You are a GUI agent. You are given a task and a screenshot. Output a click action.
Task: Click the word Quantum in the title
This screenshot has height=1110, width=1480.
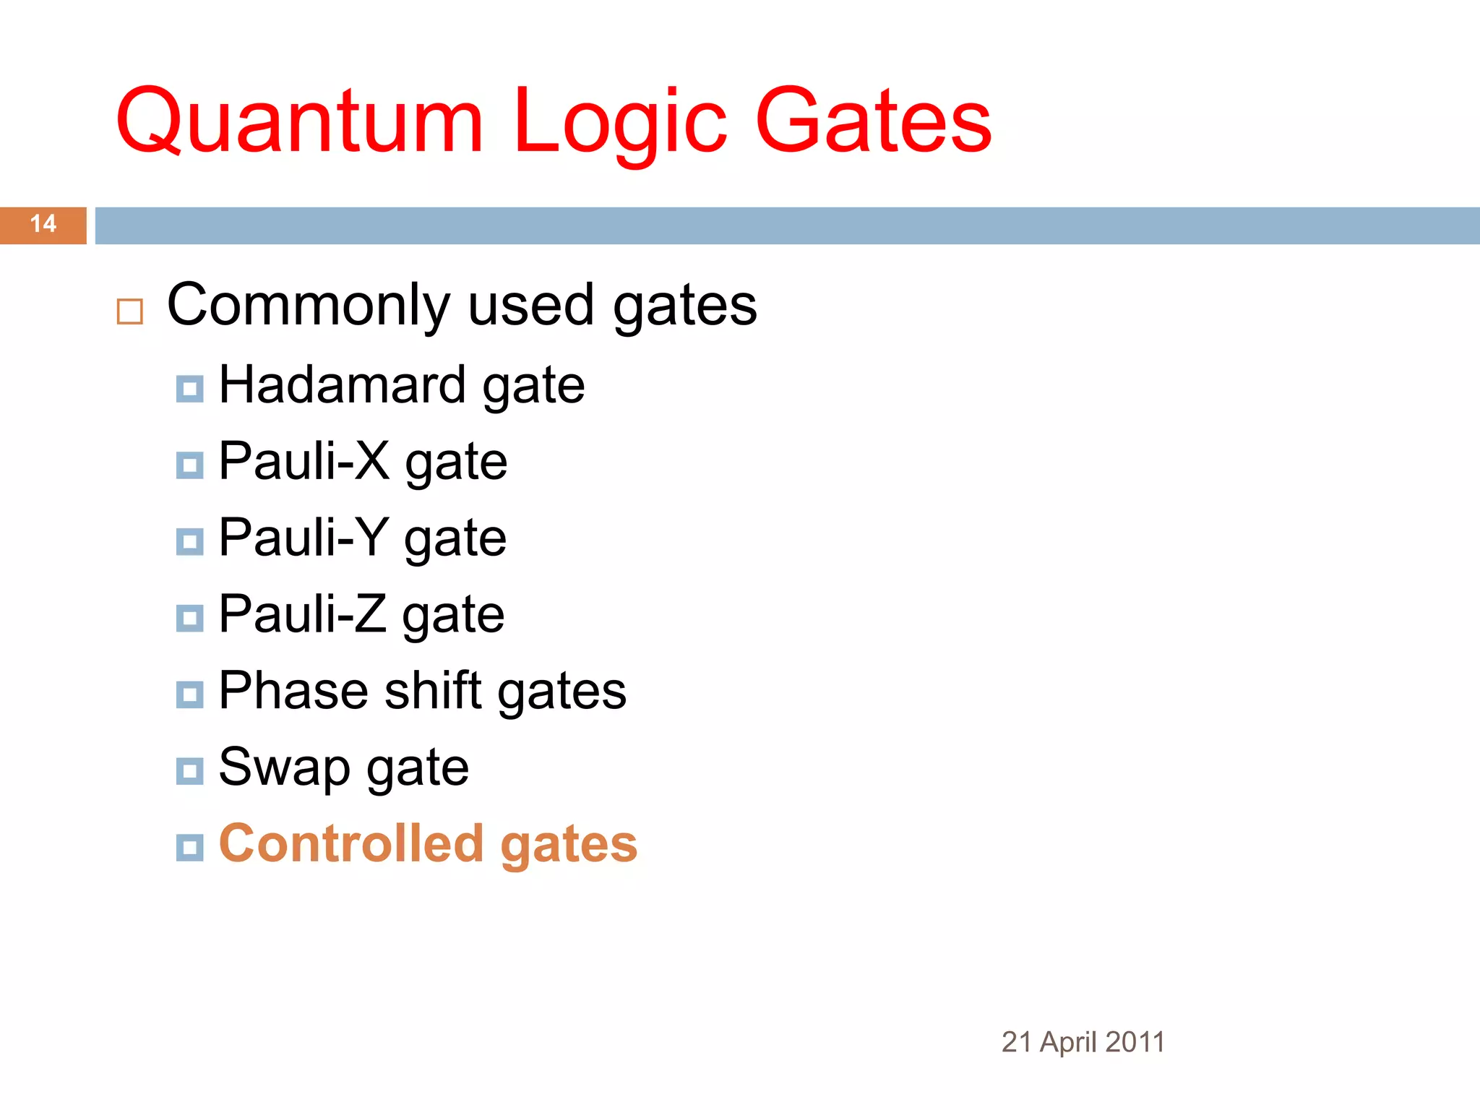(x=298, y=121)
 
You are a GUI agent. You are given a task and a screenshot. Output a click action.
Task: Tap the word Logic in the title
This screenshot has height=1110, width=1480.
(x=620, y=121)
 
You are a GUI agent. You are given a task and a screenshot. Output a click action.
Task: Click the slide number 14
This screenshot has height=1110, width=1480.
(x=43, y=224)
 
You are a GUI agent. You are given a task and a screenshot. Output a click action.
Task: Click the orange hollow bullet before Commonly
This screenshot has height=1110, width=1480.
(x=130, y=311)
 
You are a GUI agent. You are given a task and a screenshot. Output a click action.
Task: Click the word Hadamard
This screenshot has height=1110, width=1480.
(x=342, y=385)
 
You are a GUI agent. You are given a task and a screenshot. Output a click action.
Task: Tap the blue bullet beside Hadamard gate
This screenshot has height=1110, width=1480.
(x=190, y=389)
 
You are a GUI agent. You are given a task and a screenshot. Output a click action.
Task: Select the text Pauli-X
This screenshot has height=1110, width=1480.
(x=304, y=461)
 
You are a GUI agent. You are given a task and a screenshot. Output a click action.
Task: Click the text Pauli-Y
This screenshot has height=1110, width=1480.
(x=304, y=538)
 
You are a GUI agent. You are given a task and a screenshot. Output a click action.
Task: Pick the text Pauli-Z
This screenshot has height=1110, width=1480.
(x=302, y=614)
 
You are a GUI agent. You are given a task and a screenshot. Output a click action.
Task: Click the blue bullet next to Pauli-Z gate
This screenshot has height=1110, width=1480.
(x=190, y=618)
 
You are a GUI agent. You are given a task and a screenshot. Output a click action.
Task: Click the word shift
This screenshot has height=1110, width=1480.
(x=433, y=691)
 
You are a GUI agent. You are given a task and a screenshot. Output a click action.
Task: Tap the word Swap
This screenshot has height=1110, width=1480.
(x=284, y=768)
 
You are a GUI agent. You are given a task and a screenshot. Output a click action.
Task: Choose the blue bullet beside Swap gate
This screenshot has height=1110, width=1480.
(x=190, y=771)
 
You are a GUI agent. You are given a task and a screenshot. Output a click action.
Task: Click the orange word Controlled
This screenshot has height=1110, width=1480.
(x=351, y=843)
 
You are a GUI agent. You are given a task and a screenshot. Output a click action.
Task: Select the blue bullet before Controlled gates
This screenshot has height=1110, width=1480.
(x=190, y=847)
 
